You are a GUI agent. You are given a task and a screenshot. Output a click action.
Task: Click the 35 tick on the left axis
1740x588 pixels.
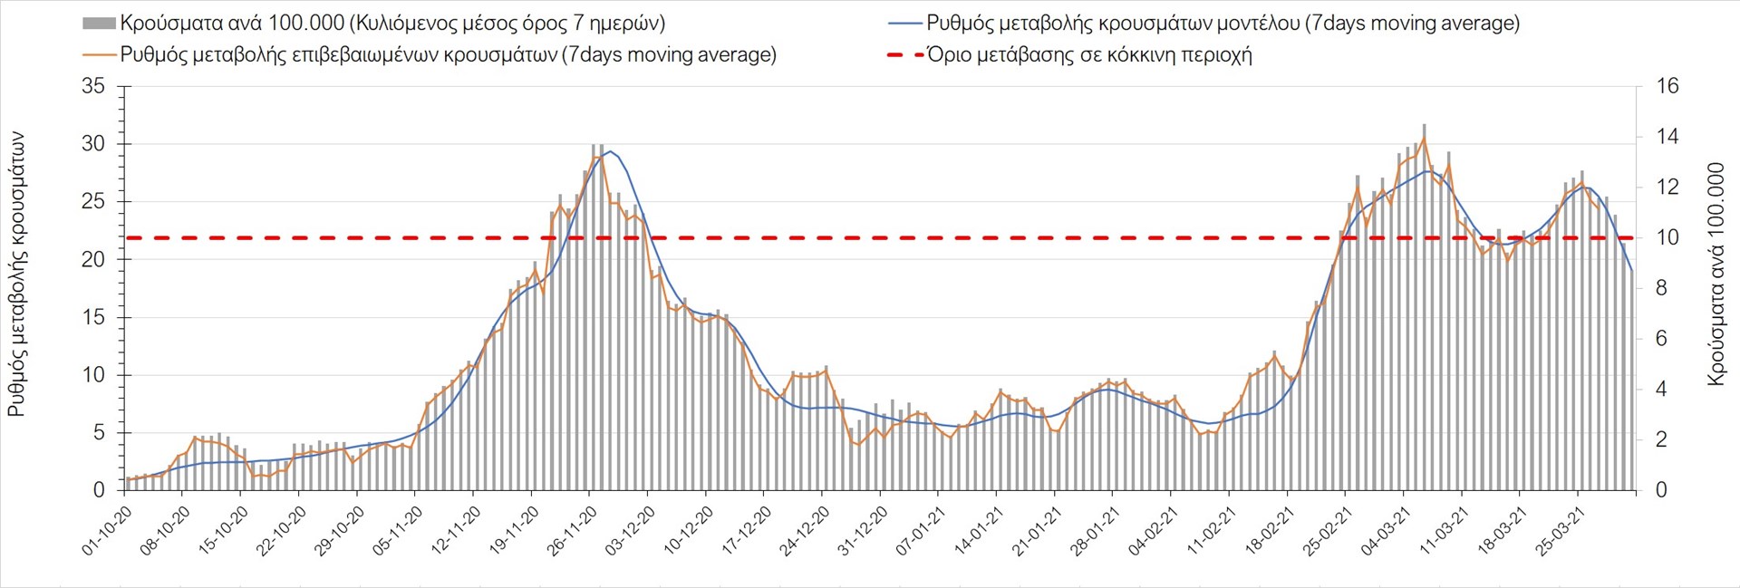pyautogui.click(x=92, y=87)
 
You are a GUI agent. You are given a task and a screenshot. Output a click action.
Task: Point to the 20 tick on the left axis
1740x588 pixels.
pyautogui.click(x=92, y=260)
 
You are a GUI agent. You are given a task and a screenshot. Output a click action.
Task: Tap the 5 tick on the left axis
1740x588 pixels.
pyautogui.click(x=99, y=433)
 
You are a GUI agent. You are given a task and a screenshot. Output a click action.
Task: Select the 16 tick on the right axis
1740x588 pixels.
pyautogui.click(x=1667, y=87)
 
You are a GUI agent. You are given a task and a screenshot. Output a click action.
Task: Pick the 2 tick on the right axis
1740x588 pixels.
pyautogui.click(x=1661, y=440)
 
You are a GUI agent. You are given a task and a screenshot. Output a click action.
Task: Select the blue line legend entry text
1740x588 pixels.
pyautogui.click(x=1223, y=24)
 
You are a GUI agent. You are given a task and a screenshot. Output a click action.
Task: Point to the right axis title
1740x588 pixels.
pyautogui.click(x=1716, y=274)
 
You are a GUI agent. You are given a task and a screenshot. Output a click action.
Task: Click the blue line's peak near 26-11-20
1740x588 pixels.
pyautogui.click(x=610, y=151)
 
